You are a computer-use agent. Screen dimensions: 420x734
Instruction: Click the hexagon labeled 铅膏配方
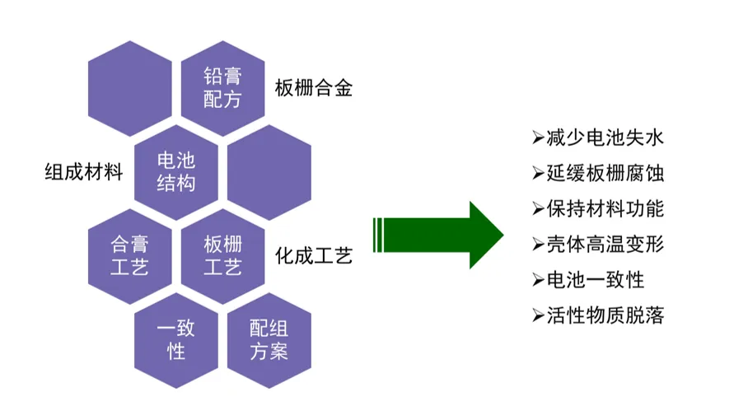(222, 88)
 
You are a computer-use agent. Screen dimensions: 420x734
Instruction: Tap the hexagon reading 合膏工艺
(130, 256)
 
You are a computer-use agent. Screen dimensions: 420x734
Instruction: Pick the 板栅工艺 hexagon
(222, 256)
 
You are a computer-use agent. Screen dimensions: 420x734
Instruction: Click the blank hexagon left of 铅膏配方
(130, 88)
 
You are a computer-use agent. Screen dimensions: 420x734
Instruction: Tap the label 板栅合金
(314, 88)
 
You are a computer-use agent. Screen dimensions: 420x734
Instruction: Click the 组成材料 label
(83, 173)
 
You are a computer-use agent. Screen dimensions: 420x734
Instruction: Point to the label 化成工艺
(314, 256)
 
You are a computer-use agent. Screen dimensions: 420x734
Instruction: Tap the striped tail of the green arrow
(379, 235)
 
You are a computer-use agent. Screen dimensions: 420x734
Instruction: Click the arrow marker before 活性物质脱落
(538, 315)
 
